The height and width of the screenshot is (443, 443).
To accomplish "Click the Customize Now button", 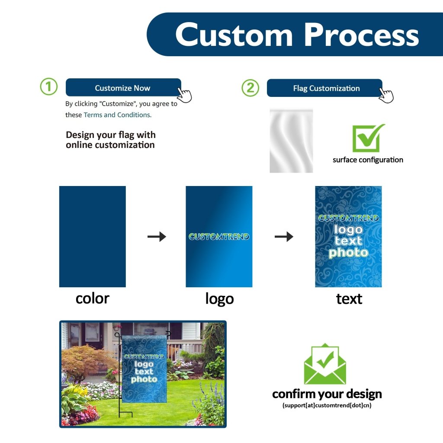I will tap(123, 88).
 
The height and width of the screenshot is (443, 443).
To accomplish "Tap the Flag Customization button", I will tap(326, 88).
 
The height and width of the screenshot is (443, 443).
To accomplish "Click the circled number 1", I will tap(48, 87).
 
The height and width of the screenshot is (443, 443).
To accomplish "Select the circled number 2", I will tap(250, 88).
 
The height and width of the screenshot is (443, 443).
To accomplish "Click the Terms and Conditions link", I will tap(117, 115).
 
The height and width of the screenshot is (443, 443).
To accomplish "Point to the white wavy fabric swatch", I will tap(291, 140).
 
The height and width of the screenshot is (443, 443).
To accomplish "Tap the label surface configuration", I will tap(368, 160).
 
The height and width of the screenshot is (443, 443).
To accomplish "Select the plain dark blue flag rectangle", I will tap(92, 236).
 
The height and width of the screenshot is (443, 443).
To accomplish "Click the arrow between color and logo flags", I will tap(157, 237).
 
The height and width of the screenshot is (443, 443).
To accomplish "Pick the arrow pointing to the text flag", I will tap(284, 237).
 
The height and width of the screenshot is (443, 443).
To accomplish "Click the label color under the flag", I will tap(92, 298).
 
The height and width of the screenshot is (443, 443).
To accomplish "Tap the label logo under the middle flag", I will tap(219, 299).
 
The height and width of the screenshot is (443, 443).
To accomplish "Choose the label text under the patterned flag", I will tap(349, 299).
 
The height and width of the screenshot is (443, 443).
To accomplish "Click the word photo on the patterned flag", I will tap(348, 253).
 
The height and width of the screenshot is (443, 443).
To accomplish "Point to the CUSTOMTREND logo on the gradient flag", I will tap(219, 237).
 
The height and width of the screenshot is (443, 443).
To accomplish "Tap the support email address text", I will tap(327, 405).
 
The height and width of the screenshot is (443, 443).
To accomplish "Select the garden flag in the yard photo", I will tap(144, 368).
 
